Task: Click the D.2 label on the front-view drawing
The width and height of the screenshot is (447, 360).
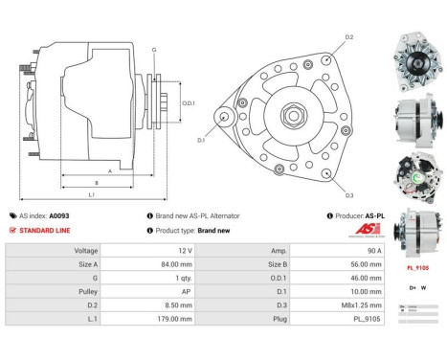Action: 348,37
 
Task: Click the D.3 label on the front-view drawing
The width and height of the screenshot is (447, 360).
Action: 349,195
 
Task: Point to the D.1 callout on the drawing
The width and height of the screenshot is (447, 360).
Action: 202,140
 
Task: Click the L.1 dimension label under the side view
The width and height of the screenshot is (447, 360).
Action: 92,194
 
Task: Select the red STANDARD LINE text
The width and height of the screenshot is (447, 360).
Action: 43,231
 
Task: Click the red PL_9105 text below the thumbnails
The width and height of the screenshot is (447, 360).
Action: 417,269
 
